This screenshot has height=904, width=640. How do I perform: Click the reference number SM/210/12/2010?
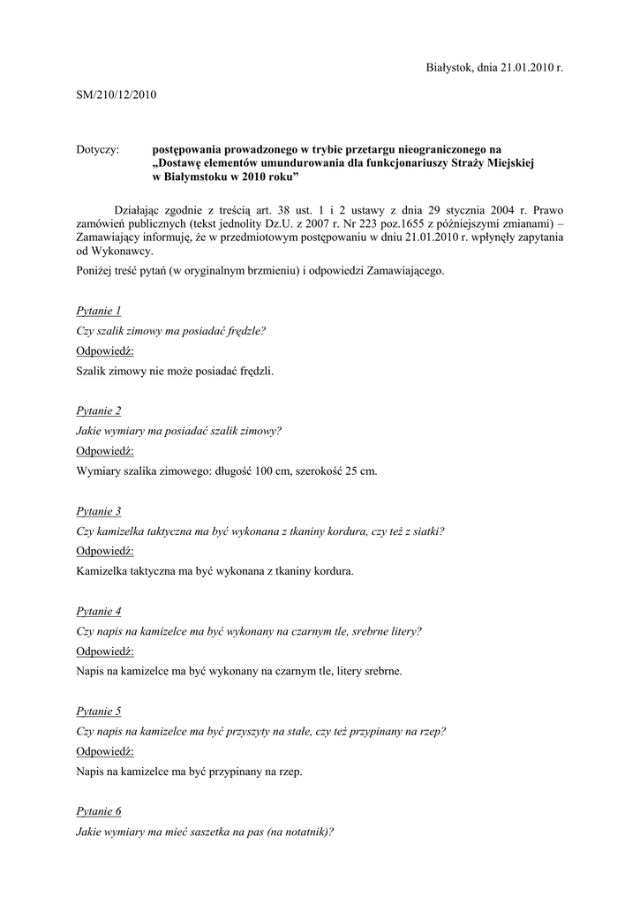117,95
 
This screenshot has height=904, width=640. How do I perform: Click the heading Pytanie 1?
99,311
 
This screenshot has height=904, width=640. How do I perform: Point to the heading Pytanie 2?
99,411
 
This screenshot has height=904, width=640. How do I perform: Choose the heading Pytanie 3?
99,511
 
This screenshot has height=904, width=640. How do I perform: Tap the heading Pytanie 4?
99,611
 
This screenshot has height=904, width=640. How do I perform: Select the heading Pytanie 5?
99,711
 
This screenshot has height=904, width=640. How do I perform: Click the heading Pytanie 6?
99,810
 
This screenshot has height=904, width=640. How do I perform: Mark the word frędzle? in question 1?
243,331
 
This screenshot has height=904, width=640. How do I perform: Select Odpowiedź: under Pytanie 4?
105,652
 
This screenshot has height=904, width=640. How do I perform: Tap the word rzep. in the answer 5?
290,772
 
